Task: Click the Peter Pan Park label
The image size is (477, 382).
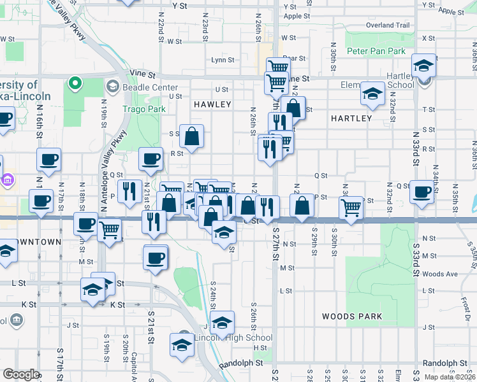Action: coord(376,50)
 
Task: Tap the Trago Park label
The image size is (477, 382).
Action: coord(144,109)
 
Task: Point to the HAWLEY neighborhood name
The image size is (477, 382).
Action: coord(212,104)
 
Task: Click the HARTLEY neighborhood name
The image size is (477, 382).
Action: coord(351,118)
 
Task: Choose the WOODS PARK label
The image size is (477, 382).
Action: coord(352,316)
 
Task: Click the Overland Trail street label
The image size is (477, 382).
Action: coord(388,25)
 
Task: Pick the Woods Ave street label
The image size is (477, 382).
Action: coord(440,274)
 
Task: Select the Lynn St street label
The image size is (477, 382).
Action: coord(223,60)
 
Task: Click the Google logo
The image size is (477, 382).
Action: coord(21,374)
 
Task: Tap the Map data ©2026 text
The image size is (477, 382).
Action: coord(450,378)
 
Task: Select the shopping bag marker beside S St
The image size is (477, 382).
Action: coord(191,135)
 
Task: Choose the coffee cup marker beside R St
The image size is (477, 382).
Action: coord(150,159)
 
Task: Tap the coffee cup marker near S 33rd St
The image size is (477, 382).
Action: coord(421,192)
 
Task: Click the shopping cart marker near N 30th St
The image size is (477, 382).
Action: coord(351,208)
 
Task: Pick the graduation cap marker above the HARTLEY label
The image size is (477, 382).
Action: coord(372,94)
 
